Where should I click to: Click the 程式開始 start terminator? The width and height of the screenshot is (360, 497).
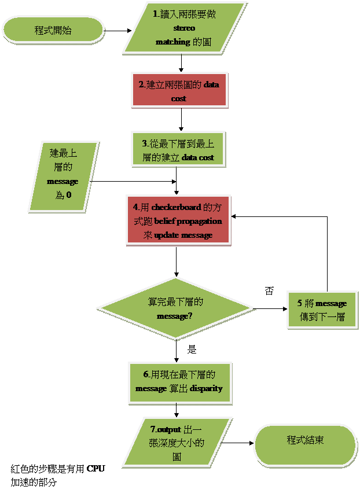[x=53, y=30]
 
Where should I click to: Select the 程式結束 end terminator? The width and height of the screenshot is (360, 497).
[x=305, y=444]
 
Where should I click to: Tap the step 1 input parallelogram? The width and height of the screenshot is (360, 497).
[x=185, y=28]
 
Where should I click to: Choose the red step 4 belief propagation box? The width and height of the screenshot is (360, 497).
[x=178, y=220]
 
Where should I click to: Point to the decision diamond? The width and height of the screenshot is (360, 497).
[x=175, y=309]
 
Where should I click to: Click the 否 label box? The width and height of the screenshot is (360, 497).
[x=269, y=291]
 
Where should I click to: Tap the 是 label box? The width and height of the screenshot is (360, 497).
[x=192, y=349]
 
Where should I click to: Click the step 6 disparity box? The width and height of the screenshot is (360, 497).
[x=179, y=382]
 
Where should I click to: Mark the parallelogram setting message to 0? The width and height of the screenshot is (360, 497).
[x=63, y=175]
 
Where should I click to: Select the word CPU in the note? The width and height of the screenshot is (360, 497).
[x=95, y=469]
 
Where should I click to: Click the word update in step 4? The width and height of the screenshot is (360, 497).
[x=167, y=235]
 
